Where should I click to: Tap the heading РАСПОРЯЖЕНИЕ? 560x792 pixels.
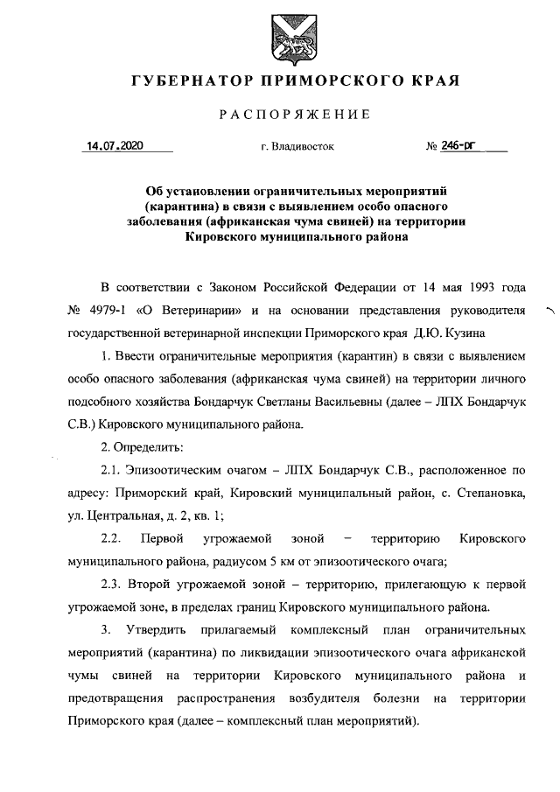tap(294, 115)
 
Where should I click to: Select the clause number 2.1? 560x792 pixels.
tap(114, 470)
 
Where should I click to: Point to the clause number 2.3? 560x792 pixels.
tap(114, 584)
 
